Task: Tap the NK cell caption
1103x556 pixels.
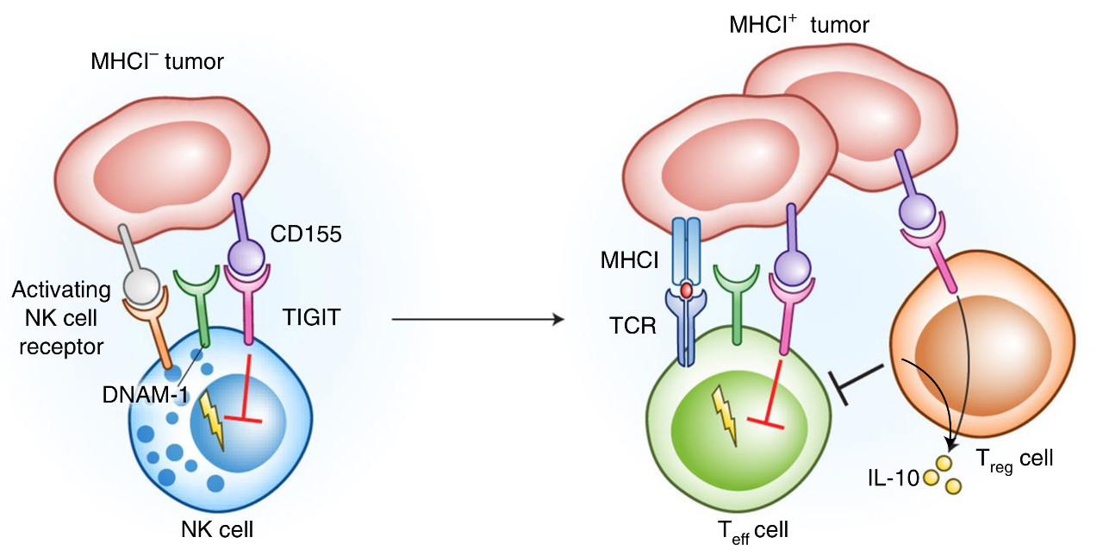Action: click(216, 528)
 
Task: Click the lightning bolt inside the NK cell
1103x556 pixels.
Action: click(211, 420)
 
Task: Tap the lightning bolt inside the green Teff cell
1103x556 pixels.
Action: click(725, 414)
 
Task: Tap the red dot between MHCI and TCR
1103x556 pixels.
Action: click(687, 291)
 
